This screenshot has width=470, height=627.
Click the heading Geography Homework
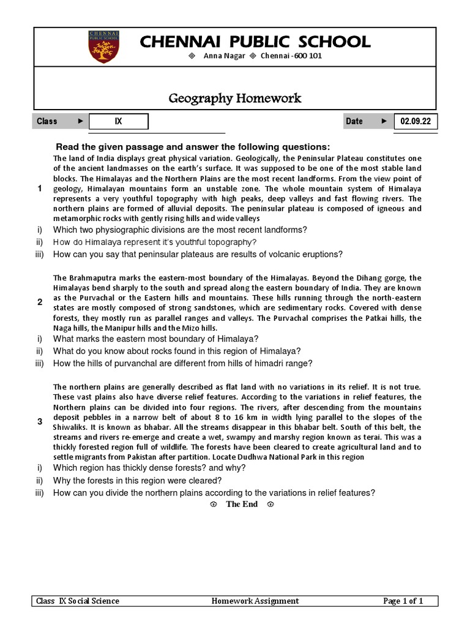(x=235, y=98)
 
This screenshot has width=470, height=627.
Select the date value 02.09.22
(x=416, y=121)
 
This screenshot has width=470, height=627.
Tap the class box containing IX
(x=119, y=121)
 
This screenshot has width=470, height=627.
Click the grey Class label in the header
(x=47, y=121)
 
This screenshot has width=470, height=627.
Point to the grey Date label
(x=354, y=121)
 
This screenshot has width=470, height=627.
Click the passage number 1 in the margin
(x=40, y=189)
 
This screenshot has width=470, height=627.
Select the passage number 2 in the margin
(x=40, y=302)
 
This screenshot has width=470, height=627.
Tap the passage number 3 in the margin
(x=40, y=422)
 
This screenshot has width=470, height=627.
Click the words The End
(x=242, y=504)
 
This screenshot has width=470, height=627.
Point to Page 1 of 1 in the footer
(x=403, y=601)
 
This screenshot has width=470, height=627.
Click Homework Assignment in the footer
(x=255, y=601)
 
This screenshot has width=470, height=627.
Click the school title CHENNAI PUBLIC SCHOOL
(x=255, y=42)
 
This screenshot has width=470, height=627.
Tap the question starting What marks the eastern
(x=155, y=339)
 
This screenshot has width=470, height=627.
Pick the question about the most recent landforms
(x=180, y=230)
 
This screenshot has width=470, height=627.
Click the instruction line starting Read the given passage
(x=193, y=147)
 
